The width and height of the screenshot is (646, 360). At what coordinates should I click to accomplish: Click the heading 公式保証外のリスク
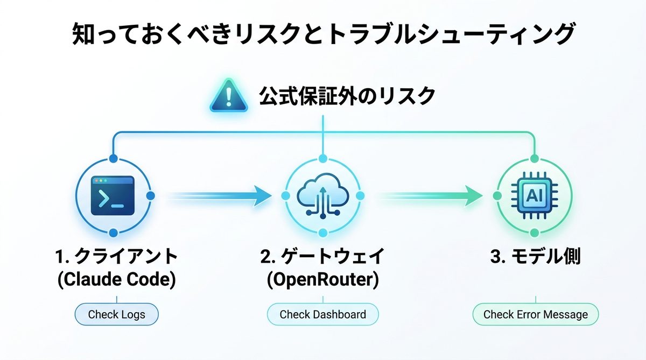[347, 96]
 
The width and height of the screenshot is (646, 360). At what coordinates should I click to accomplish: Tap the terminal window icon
[113, 196]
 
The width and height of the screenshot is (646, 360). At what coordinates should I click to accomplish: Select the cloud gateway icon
[322, 196]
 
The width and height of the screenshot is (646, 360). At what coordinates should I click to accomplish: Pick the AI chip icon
[534, 196]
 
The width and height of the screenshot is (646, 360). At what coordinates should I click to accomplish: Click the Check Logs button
[116, 314]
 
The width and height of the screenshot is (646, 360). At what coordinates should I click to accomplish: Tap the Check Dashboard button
[322, 314]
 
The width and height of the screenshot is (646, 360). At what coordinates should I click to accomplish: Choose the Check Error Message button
[535, 314]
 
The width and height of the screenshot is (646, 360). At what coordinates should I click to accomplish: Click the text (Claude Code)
[116, 280]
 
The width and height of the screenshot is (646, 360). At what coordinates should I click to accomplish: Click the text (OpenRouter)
[322, 280]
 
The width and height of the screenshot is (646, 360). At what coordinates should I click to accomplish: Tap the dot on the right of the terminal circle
[150, 195]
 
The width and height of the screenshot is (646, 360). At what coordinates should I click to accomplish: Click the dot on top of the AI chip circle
[534, 159]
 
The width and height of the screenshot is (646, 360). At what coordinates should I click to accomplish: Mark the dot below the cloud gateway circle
[322, 233]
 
